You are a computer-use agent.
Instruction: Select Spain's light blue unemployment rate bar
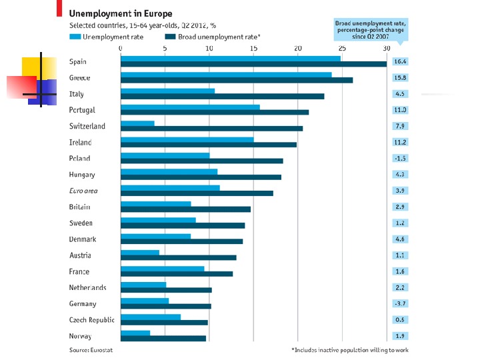pyautogui.click(x=230, y=59)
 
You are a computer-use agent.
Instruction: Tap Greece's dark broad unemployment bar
pyautogui.click(x=237, y=80)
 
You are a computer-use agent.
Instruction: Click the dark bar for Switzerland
pyautogui.click(x=211, y=128)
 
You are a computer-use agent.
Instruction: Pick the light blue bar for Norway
pyautogui.click(x=135, y=333)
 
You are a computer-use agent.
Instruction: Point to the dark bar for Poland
pyautogui.click(x=201, y=161)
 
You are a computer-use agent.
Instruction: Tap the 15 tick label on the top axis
pyautogui.click(x=253, y=48)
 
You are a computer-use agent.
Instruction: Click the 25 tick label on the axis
pyautogui.click(x=342, y=48)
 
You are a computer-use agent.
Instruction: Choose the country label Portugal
pyautogui.click(x=82, y=110)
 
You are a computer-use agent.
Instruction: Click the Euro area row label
pyautogui.click(x=83, y=191)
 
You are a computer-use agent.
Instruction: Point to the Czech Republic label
pyautogui.click(x=91, y=320)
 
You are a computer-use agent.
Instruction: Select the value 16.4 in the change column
pyautogui.click(x=400, y=61)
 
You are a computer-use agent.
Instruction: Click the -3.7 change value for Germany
pyautogui.click(x=400, y=303)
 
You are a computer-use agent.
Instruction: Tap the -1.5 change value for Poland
pyautogui.click(x=400, y=158)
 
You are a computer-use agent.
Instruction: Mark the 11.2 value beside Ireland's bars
pyautogui.click(x=400, y=142)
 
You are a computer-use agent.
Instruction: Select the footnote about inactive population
pyautogui.click(x=351, y=349)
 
